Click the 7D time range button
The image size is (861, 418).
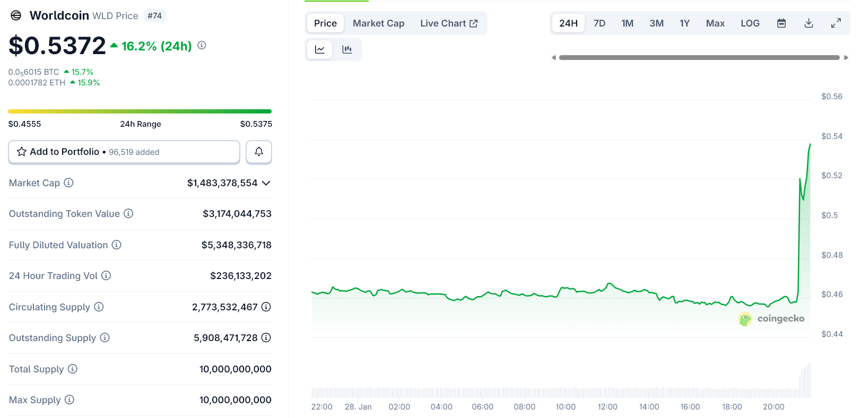[x=599, y=23]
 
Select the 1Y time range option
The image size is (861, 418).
[x=684, y=23]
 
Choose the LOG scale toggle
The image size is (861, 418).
[x=750, y=23]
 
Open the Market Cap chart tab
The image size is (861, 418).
[x=378, y=23]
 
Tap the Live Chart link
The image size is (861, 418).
[x=449, y=23]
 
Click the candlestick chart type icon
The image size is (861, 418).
[x=347, y=49]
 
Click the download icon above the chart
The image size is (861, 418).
[x=808, y=23]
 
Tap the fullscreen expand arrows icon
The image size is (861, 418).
[x=836, y=23]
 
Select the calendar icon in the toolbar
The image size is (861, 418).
[x=781, y=23]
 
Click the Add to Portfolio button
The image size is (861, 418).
[x=124, y=152]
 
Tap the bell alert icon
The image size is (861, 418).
[x=259, y=152]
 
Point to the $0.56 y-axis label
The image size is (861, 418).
[x=831, y=97]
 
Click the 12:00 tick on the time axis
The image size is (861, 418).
[x=607, y=407]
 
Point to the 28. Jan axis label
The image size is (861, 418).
[x=358, y=407]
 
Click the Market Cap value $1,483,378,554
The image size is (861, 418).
[x=222, y=183]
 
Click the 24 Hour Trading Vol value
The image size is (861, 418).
[x=240, y=276]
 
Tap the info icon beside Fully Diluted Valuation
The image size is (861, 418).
[x=117, y=245]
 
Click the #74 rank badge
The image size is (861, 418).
[x=154, y=16]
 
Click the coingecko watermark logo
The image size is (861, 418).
[x=771, y=319]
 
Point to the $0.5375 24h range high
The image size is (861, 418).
[x=256, y=124]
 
